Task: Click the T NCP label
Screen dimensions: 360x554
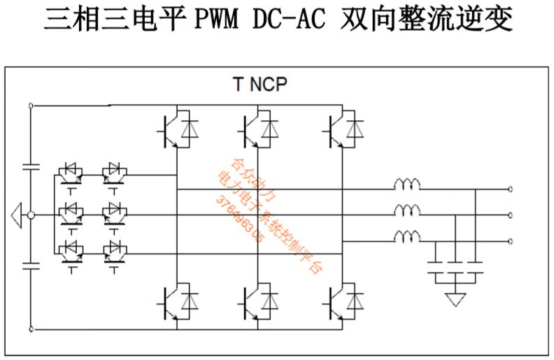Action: [x=260, y=85]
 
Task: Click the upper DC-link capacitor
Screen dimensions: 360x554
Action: [x=30, y=166]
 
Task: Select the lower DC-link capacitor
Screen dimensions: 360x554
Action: [x=30, y=264]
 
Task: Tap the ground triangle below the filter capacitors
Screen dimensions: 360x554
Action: [x=456, y=298]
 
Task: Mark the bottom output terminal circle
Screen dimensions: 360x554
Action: [x=511, y=240]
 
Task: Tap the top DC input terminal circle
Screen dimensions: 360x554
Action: [x=30, y=106]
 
